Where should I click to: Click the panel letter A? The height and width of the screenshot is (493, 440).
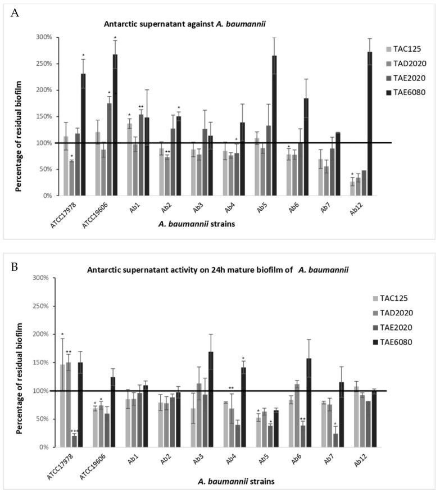tap(15, 12)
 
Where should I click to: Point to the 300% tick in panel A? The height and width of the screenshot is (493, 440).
tap(44, 37)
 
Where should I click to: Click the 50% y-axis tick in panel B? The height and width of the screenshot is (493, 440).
tap(46, 419)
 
